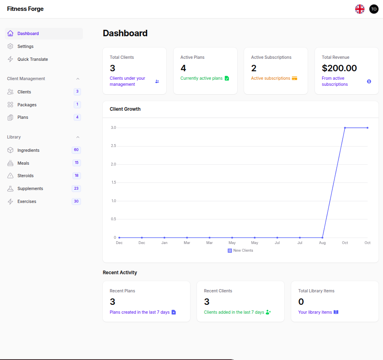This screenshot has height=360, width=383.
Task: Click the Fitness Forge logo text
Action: click(25, 9)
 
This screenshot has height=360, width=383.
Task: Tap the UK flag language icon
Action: click(360, 9)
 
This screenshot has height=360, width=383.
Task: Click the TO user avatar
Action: click(374, 9)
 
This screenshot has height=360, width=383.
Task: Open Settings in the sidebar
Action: click(25, 46)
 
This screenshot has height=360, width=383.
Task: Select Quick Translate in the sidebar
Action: click(33, 59)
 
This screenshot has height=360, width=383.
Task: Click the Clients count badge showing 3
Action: click(77, 91)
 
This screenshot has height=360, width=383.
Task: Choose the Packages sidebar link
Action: click(27, 105)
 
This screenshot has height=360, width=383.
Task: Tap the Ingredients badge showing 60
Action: click(76, 150)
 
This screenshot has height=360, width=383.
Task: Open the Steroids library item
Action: click(25, 176)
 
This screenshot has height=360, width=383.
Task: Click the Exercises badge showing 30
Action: click(76, 201)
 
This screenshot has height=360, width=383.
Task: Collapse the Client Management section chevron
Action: click(78, 79)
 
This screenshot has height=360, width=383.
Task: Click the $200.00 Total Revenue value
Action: click(340, 68)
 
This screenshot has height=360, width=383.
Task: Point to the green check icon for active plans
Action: click(227, 78)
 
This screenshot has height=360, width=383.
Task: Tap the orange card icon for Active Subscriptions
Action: click(294, 78)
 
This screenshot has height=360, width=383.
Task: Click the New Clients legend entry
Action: click(240, 250)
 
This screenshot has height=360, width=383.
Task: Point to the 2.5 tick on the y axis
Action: click(113, 146)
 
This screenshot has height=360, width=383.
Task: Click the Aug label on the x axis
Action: click(322, 243)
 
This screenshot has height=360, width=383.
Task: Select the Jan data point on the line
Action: click(164, 238)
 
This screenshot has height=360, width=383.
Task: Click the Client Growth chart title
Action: click(125, 109)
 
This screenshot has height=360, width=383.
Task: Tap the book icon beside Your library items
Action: click(336, 312)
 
